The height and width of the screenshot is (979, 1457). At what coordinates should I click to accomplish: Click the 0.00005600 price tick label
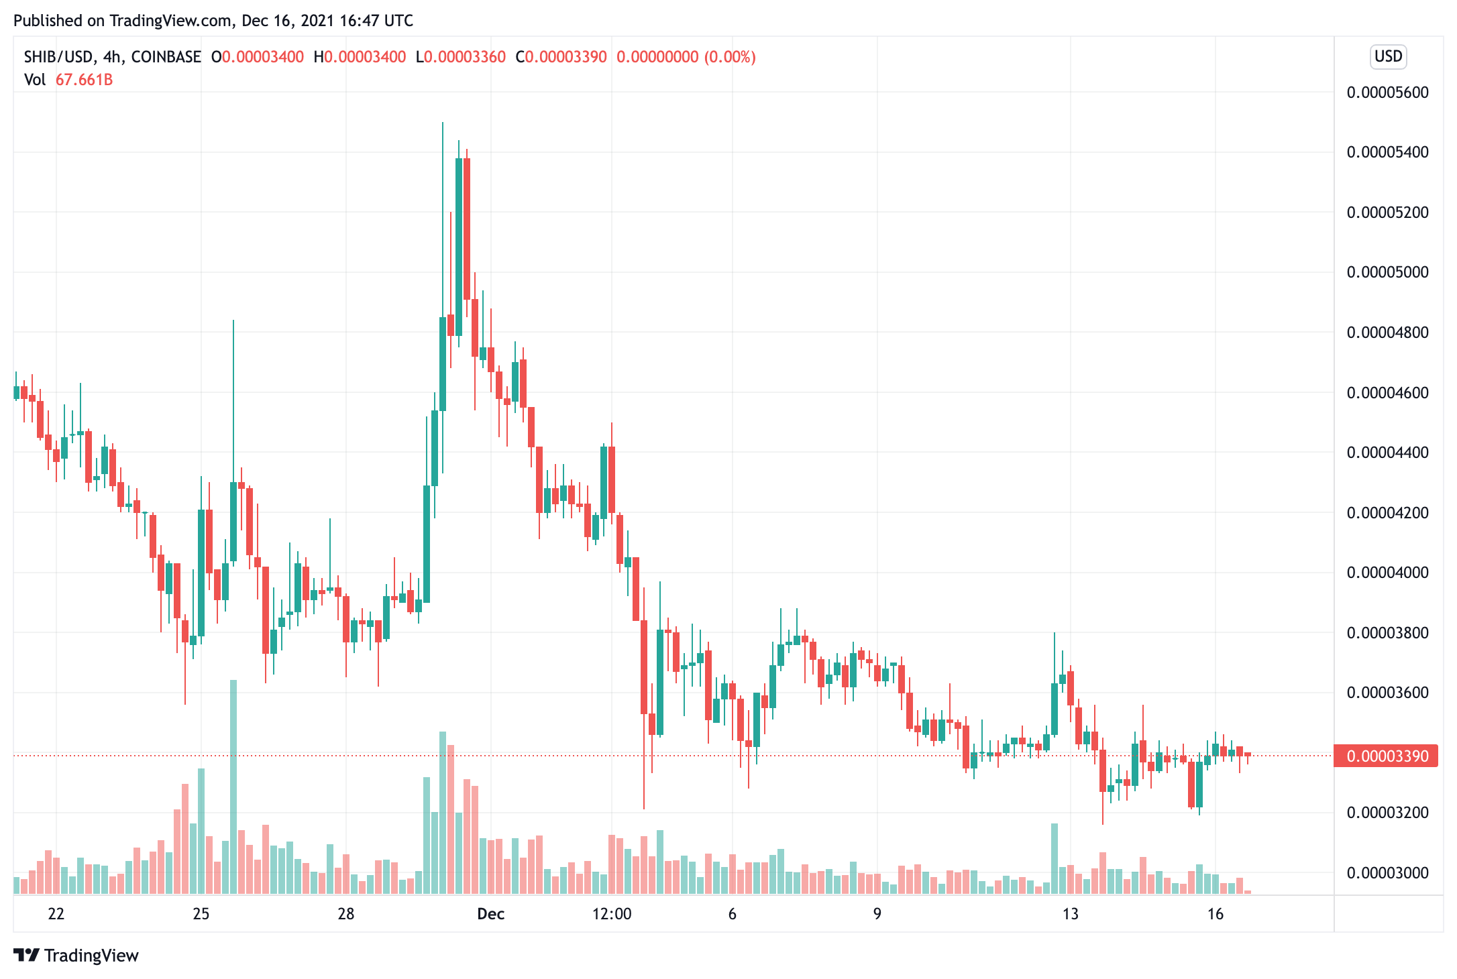pyautogui.click(x=1387, y=93)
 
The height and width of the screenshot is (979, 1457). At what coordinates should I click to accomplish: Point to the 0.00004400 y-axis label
pyautogui.click(x=1387, y=453)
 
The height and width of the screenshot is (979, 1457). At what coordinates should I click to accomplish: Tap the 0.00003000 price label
pyautogui.click(x=1387, y=873)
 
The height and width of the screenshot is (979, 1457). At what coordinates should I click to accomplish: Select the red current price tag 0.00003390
pyautogui.click(x=1386, y=756)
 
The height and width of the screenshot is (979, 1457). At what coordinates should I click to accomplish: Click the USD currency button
pyautogui.click(x=1388, y=56)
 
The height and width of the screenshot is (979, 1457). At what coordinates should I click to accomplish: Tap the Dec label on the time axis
pyautogui.click(x=490, y=914)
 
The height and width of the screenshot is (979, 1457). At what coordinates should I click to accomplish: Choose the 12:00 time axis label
pyautogui.click(x=612, y=914)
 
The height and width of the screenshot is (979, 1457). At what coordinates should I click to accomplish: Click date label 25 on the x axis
pyautogui.click(x=201, y=914)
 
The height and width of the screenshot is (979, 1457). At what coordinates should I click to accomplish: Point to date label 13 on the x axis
pyautogui.click(x=1070, y=914)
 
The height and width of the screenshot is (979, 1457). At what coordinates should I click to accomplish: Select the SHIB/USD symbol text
pyautogui.click(x=59, y=57)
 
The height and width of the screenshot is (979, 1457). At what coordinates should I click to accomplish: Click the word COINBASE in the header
pyautogui.click(x=166, y=57)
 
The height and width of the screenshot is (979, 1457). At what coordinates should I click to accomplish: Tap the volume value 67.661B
pyautogui.click(x=84, y=80)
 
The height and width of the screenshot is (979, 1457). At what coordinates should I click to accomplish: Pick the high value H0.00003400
pyautogui.click(x=360, y=57)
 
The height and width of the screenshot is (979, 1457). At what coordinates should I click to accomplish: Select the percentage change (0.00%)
pyautogui.click(x=730, y=57)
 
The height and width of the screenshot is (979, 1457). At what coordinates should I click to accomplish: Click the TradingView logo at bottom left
pyautogui.click(x=76, y=956)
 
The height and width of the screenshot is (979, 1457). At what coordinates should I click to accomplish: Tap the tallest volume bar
pyautogui.click(x=233, y=785)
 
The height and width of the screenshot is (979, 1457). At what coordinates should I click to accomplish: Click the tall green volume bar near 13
pyautogui.click(x=1055, y=858)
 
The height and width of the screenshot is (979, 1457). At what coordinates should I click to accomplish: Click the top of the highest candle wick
pyautogui.click(x=443, y=123)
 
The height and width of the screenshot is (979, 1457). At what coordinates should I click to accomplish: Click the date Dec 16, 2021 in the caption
pyautogui.click(x=288, y=21)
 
